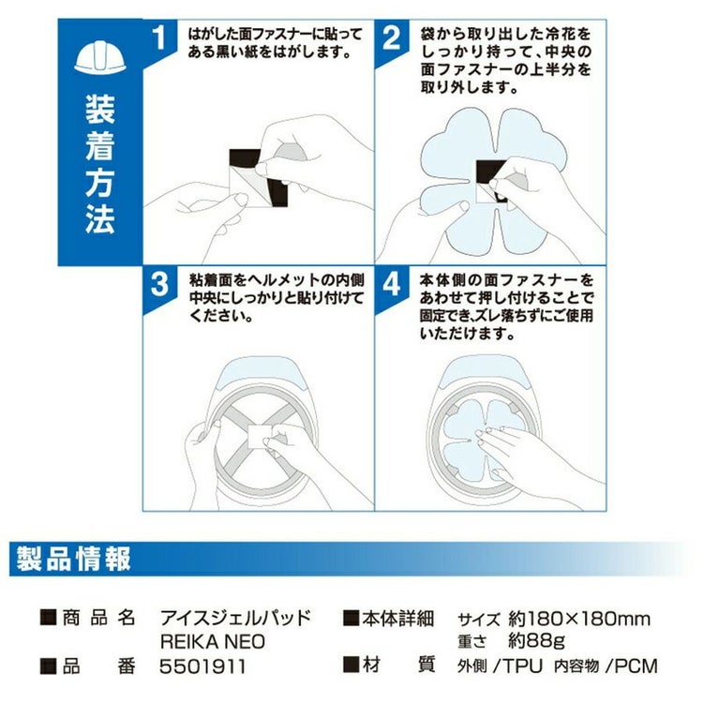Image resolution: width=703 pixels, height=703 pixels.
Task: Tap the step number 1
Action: [x=159, y=37]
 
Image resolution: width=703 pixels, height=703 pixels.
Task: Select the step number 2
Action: [x=392, y=37]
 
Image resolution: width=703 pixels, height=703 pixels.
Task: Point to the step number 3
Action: [x=159, y=284]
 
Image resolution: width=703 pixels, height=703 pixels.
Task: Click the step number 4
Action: [x=392, y=284]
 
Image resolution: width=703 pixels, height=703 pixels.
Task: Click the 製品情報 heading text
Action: [x=73, y=559]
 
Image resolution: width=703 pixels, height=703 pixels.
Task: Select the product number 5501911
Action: [x=202, y=666]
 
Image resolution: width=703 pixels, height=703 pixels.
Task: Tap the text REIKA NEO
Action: [x=213, y=641]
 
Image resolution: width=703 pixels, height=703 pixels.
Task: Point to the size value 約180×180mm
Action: [x=579, y=619]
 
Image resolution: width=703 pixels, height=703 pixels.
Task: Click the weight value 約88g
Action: [x=536, y=641]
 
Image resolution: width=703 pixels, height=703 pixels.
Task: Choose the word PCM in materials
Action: [x=636, y=666]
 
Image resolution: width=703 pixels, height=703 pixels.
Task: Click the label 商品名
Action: [x=98, y=618]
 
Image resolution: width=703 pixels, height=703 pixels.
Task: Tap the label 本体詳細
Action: [x=398, y=619]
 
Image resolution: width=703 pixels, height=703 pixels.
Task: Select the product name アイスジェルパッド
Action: [x=235, y=619]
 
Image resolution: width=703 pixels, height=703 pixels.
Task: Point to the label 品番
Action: [x=98, y=666]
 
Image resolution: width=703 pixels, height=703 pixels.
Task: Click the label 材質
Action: [x=398, y=665]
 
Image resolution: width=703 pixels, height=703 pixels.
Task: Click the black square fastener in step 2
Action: [x=490, y=177]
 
